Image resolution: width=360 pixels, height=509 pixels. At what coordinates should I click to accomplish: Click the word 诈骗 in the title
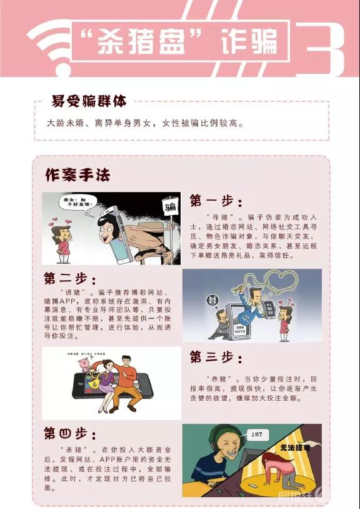(x=250, y=42)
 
